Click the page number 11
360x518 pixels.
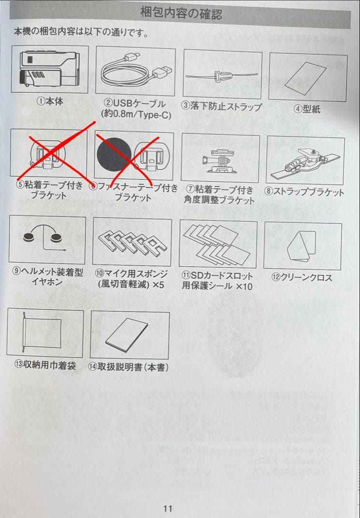point(168,508)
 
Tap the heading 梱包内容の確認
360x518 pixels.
point(181,13)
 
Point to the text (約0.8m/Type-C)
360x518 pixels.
point(136,115)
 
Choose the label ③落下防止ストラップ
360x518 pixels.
point(221,106)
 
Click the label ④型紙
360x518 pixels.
point(307,109)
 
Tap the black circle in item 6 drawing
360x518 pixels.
point(114,155)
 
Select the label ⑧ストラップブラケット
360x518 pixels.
point(304,191)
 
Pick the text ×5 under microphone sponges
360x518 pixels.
point(158,284)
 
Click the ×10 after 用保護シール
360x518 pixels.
point(244,286)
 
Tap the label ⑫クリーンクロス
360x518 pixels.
point(302,278)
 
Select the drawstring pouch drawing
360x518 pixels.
point(42,332)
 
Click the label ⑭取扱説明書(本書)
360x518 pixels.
point(128,367)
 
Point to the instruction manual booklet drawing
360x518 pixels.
point(127,335)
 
